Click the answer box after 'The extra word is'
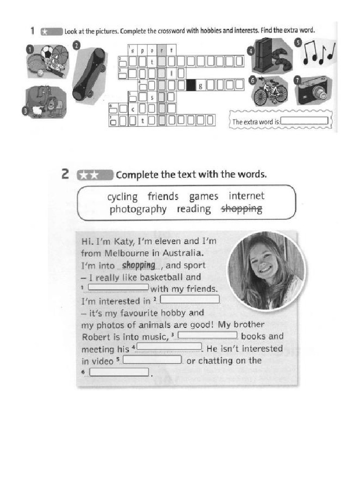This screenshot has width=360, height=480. (x=305, y=120)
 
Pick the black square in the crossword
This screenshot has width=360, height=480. (x=191, y=85)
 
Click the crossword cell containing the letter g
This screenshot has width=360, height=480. (x=201, y=85)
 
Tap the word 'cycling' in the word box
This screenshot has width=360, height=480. (x=122, y=196)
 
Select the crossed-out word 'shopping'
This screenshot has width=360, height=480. (x=241, y=209)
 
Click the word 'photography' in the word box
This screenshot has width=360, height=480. (x=138, y=209)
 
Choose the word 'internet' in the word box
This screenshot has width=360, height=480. (x=247, y=196)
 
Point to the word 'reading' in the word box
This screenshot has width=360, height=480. (x=194, y=209)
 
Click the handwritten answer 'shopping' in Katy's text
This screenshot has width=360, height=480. (x=138, y=265)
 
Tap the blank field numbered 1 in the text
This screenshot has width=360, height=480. (x=118, y=287)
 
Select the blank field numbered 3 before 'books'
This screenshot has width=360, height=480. (x=208, y=336)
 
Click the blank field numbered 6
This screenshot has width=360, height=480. (x=119, y=372)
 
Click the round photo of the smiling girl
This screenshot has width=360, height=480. (x=266, y=270)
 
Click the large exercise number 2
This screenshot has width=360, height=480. (x=66, y=175)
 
